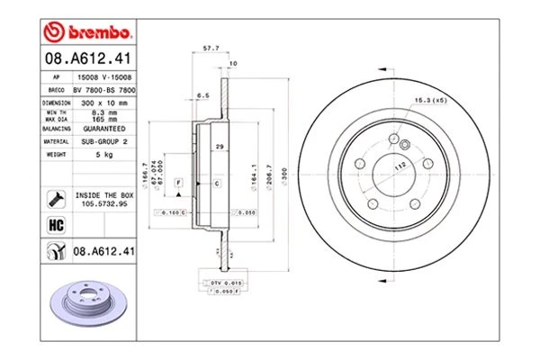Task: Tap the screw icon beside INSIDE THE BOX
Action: [x=57, y=198]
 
